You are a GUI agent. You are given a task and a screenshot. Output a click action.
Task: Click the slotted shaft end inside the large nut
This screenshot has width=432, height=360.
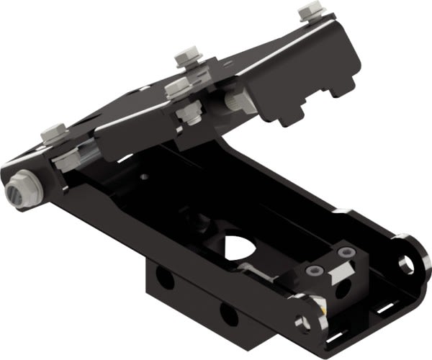tap(16, 194)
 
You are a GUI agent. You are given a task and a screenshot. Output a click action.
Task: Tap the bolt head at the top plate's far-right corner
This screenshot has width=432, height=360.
tap(309, 12)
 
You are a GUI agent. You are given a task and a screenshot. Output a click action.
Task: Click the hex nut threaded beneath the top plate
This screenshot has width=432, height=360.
tap(189, 114)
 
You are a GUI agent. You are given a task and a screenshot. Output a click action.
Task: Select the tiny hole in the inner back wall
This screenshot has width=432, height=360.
tap(144, 175)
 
